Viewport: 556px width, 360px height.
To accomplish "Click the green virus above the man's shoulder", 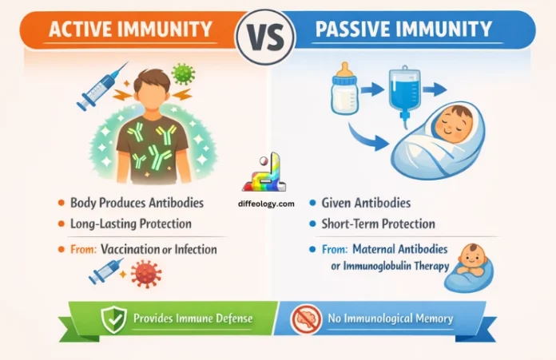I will [183, 74].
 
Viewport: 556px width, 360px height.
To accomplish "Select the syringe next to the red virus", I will [106, 272].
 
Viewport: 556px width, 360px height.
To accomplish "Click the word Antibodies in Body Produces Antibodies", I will [177, 204].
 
